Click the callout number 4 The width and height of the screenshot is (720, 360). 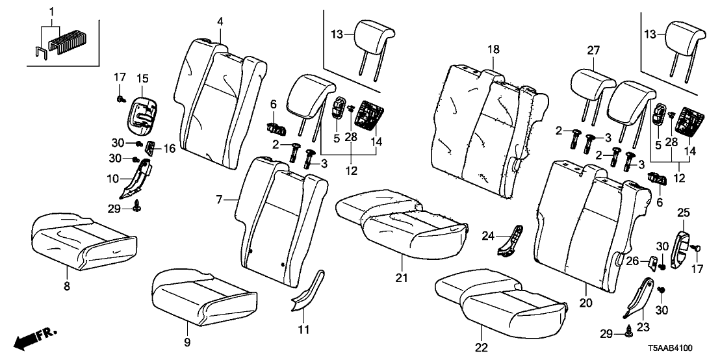pos(220,21)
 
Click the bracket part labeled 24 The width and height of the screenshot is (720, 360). pos(513,239)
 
